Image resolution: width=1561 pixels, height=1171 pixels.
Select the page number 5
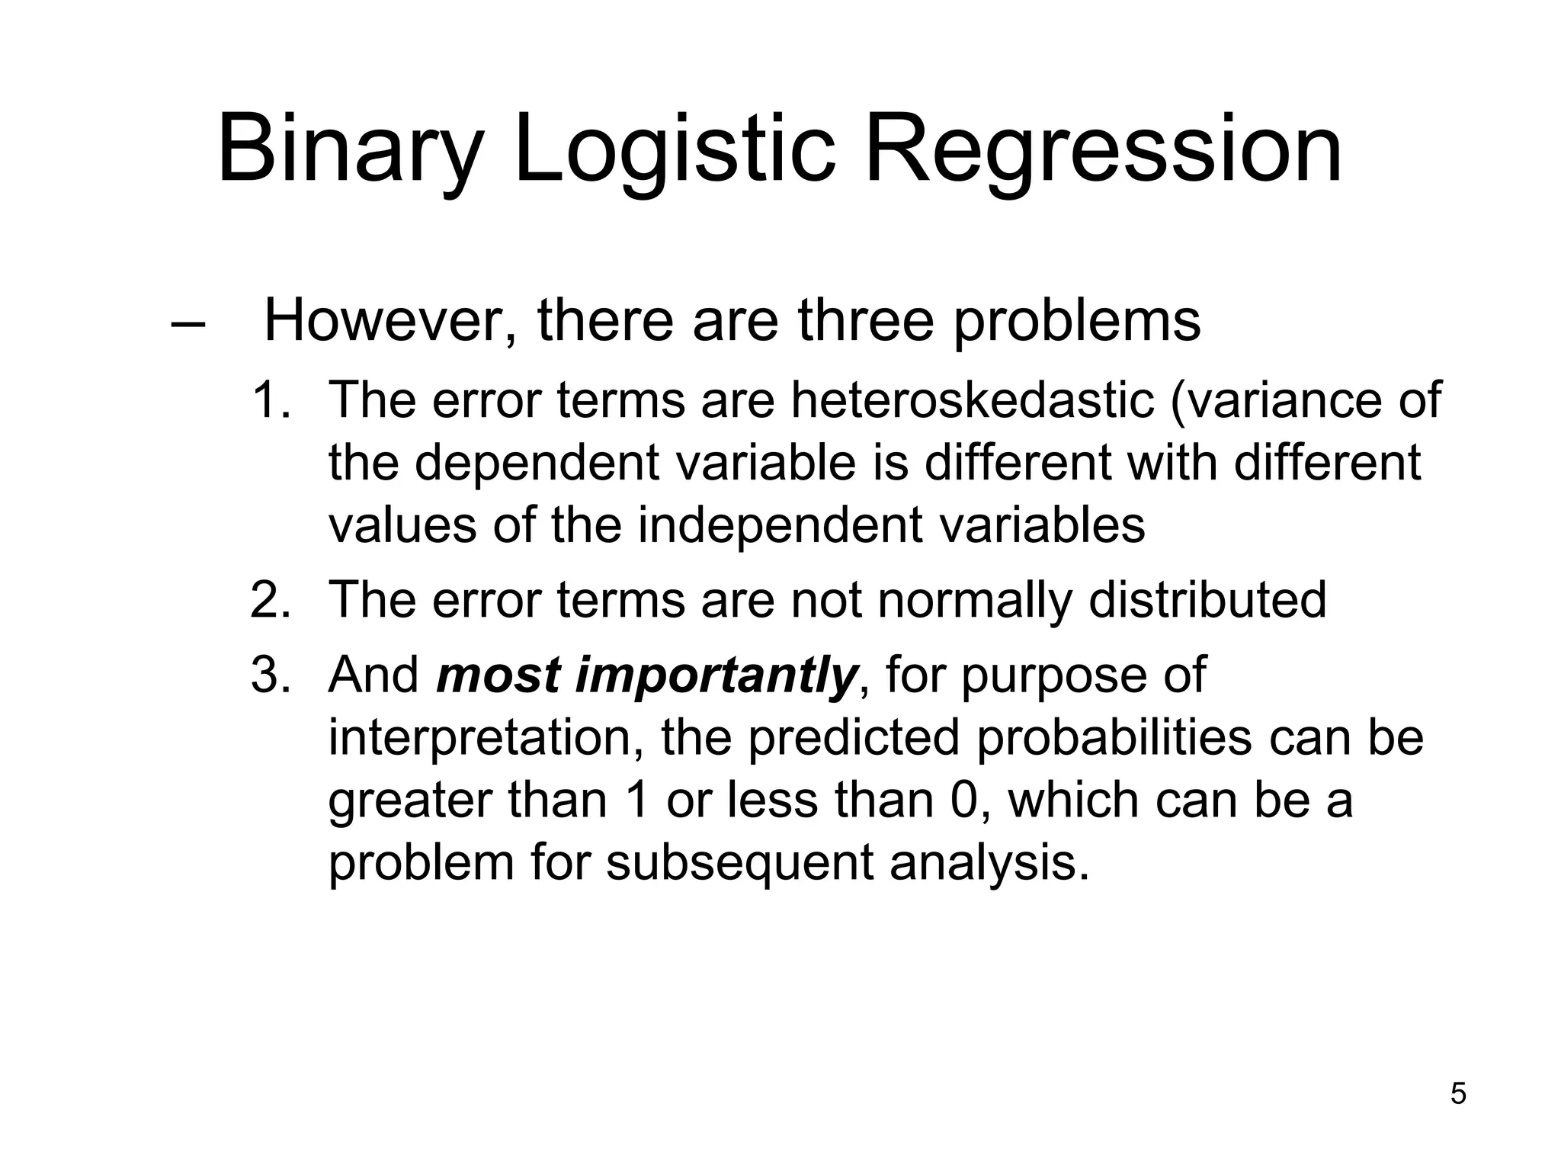[1457, 1094]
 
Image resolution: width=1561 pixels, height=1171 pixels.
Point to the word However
[389, 321]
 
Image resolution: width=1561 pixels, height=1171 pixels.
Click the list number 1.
[271, 400]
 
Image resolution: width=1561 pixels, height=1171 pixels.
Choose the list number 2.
[271, 600]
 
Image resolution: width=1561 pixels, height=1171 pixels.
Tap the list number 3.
[271, 675]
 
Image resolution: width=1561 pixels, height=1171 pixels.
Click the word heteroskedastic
[972, 400]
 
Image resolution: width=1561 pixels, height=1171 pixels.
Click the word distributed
[1207, 600]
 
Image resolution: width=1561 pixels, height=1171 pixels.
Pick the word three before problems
[866, 321]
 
